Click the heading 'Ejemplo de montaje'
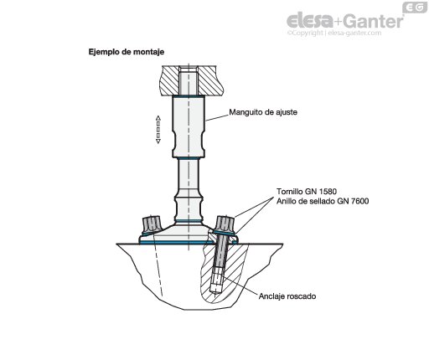(x=127, y=52)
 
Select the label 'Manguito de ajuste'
(x=263, y=112)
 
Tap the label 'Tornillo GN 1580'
(x=307, y=192)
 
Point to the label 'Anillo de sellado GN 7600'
(x=323, y=201)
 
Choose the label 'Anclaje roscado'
(x=287, y=296)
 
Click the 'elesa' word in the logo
(x=310, y=20)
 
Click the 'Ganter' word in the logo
(x=373, y=21)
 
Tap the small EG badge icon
(x=415, y=8)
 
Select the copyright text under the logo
(x=334, y=33)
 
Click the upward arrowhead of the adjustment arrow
(x=158, y=118)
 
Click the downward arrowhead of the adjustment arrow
(x=158, y=141)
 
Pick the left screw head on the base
(x=151, y=224)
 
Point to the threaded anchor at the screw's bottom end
(x=216, y=281)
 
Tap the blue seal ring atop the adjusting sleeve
(x=189, y=96)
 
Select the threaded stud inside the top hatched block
(x=189, y=80)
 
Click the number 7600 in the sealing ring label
(x=359, y=201)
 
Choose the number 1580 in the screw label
(x=328, y=192)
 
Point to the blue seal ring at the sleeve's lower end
(x=189, y=158)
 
